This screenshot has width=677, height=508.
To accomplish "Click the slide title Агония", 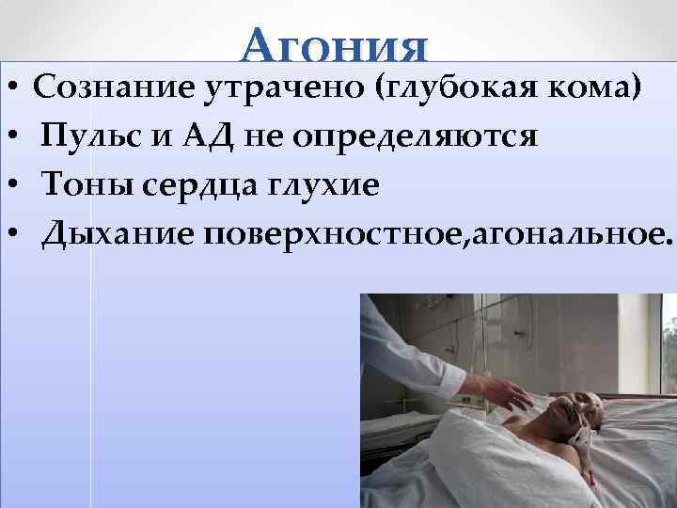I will (x=335, y=44).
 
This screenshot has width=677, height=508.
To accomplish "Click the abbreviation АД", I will (x=210, y=137).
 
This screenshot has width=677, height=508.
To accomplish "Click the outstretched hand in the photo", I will (x=503, y=389).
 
